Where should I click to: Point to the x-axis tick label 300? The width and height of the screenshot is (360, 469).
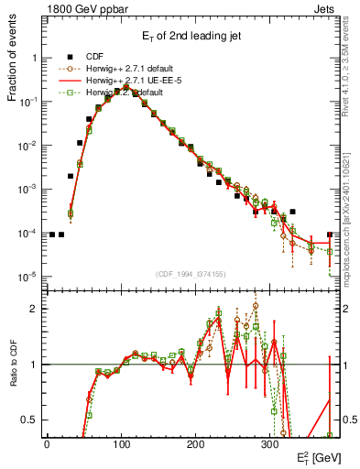[269, 443]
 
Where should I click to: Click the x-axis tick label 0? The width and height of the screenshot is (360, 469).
[47, 443]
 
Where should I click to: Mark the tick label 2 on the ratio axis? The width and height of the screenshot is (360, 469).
[34, 309]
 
